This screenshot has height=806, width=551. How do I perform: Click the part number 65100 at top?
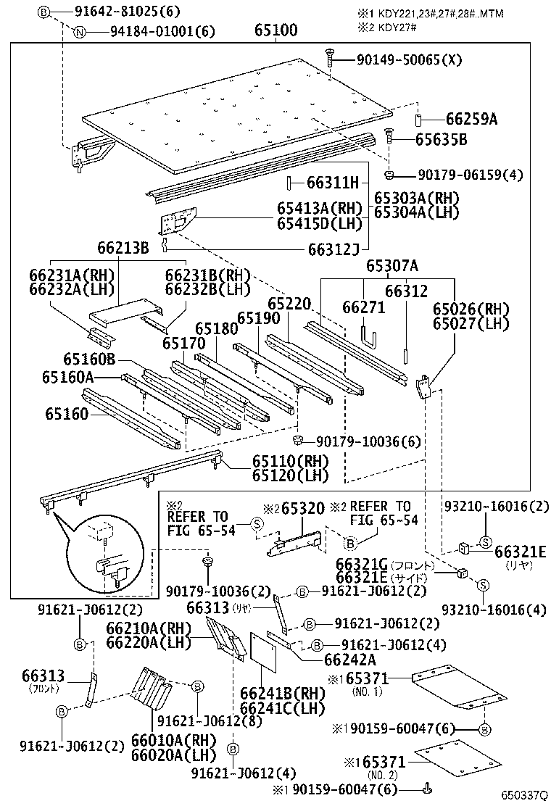tap(275, 30)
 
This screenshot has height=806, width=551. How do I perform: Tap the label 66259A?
tap(471, 119)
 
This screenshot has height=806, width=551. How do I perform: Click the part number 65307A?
tap(391, 266)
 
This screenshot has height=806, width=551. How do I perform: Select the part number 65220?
tap(289, 304)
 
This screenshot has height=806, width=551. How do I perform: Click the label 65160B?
tap(88, 360)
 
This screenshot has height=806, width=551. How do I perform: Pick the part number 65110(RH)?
tap(290, 461)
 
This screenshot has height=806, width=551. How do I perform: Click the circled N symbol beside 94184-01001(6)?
tap(80, 31)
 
